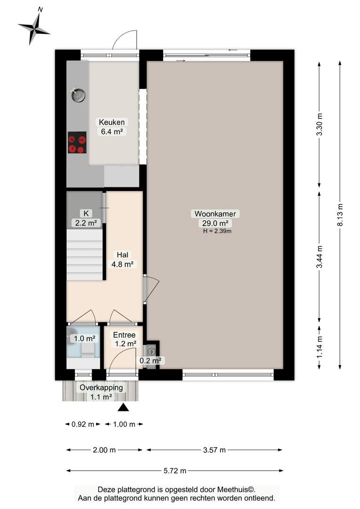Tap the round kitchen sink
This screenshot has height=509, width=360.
(x=78, y=95)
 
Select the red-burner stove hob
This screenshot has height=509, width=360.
(x=77, y=142)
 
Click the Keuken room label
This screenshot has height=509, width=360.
(x=112, y=123)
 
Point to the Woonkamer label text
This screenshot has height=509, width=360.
(x=215, y=213)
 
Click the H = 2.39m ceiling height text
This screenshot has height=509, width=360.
(x=217, y=231)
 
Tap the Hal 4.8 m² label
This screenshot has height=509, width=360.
(x=123, y=260)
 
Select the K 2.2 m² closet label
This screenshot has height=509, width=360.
(x=86, y=218)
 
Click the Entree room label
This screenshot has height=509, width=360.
(x=124, y=335)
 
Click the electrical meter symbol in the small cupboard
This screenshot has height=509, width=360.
(x=151, y=352)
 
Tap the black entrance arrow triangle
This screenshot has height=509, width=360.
(x=123, y=407)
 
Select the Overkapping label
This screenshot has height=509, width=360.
(x=101, y=387)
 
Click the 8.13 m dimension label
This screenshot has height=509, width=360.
(x=340, y=215)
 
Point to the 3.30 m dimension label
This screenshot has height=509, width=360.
(x=319, y=124)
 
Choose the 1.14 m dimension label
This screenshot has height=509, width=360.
(x=319, y=347)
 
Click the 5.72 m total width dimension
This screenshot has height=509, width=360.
(x=175, y=471)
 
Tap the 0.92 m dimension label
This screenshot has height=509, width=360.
(x=83, y=424)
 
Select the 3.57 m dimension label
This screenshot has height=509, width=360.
(x=214, y=450)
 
